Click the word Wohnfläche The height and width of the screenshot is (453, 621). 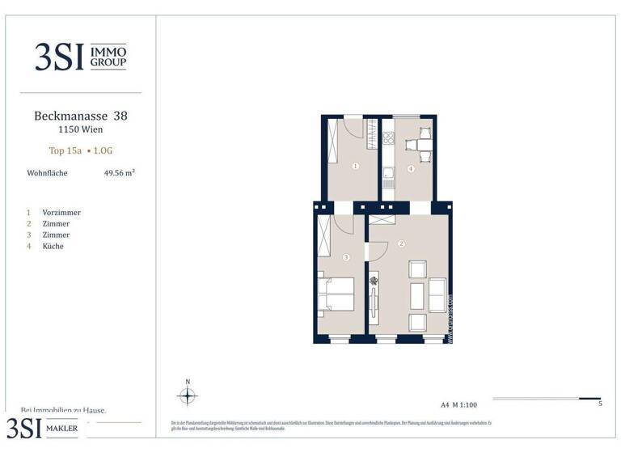(x=47, y=173)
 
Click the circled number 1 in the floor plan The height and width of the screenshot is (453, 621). (x=355, y=167)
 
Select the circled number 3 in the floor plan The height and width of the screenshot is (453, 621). (x=345, y=257)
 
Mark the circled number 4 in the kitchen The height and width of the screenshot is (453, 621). (x=411, y=168)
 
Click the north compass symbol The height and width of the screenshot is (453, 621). (x=188, y=396)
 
